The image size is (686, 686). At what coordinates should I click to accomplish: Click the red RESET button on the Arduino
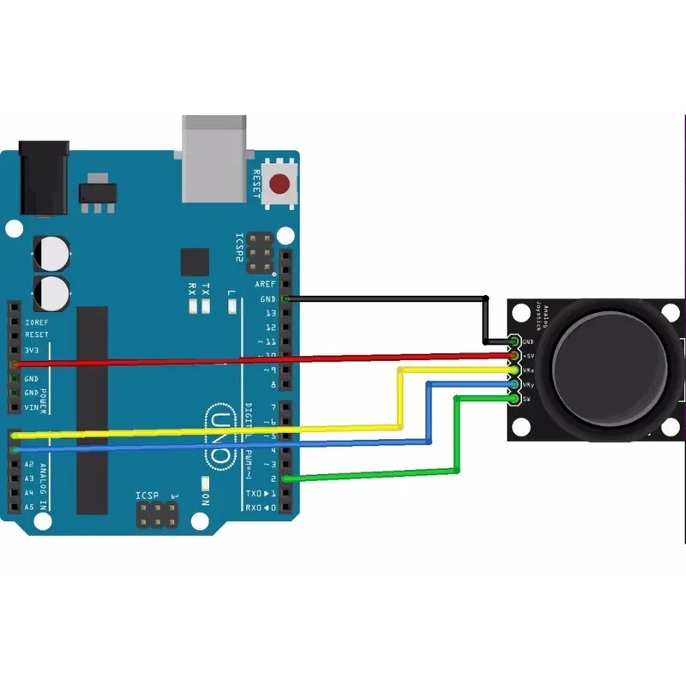click(280, 183)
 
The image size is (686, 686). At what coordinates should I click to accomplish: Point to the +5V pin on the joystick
click(514, 355)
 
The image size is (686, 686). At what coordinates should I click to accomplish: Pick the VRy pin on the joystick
click(514, 385)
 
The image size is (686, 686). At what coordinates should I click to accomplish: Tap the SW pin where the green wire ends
click(514, 399)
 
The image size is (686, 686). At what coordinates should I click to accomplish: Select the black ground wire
click(386, 298)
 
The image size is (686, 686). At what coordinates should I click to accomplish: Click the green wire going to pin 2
click(369, 474)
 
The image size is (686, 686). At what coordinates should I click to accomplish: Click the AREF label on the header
click(266, 284)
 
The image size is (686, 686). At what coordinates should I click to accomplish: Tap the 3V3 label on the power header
click(35, 350)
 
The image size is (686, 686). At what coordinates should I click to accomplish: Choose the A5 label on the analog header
click(29, 507)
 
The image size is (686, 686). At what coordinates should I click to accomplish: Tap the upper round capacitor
click(51, 254)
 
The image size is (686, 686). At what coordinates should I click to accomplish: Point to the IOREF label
click(37, 322)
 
